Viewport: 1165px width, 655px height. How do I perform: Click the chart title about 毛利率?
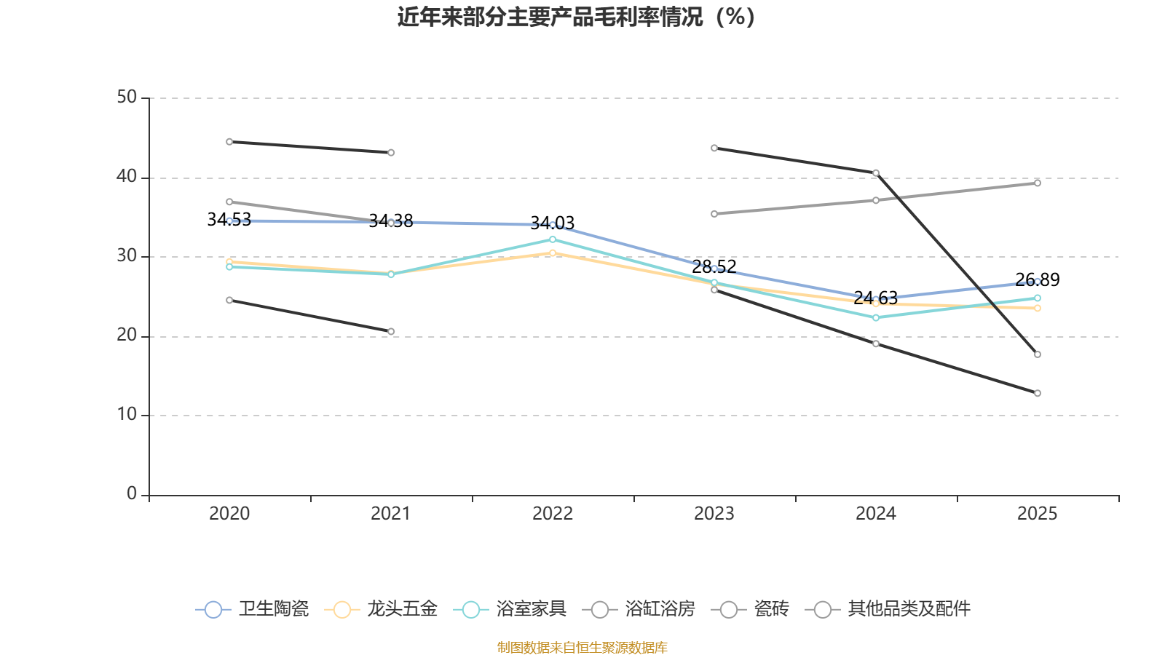576,17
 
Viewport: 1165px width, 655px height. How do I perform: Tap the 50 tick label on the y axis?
127,97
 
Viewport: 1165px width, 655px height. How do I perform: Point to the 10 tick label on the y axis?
127,414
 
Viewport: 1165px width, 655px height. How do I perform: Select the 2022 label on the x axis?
553,514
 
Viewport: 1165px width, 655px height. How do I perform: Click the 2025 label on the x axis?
1037,514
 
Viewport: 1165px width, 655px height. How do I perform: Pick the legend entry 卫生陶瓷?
252,608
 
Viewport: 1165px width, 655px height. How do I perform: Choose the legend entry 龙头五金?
381,608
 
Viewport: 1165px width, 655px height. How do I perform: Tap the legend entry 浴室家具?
510,608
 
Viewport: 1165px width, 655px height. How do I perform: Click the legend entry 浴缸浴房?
639,608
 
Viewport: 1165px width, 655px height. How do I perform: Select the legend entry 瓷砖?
750,608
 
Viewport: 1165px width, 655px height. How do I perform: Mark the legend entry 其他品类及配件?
888,608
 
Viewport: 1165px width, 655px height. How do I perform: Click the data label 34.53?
229,220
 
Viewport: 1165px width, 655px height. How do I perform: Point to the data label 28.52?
714,267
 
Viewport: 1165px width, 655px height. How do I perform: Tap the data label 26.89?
1037,280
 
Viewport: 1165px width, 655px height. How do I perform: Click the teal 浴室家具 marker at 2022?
553,239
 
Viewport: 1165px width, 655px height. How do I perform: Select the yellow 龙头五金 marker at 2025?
1037,309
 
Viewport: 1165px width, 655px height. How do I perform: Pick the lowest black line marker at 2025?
1037,393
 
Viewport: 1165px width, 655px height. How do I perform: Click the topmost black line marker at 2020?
229,142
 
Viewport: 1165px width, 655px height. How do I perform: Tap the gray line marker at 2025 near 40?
1037,183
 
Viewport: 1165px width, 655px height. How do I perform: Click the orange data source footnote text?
582,647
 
